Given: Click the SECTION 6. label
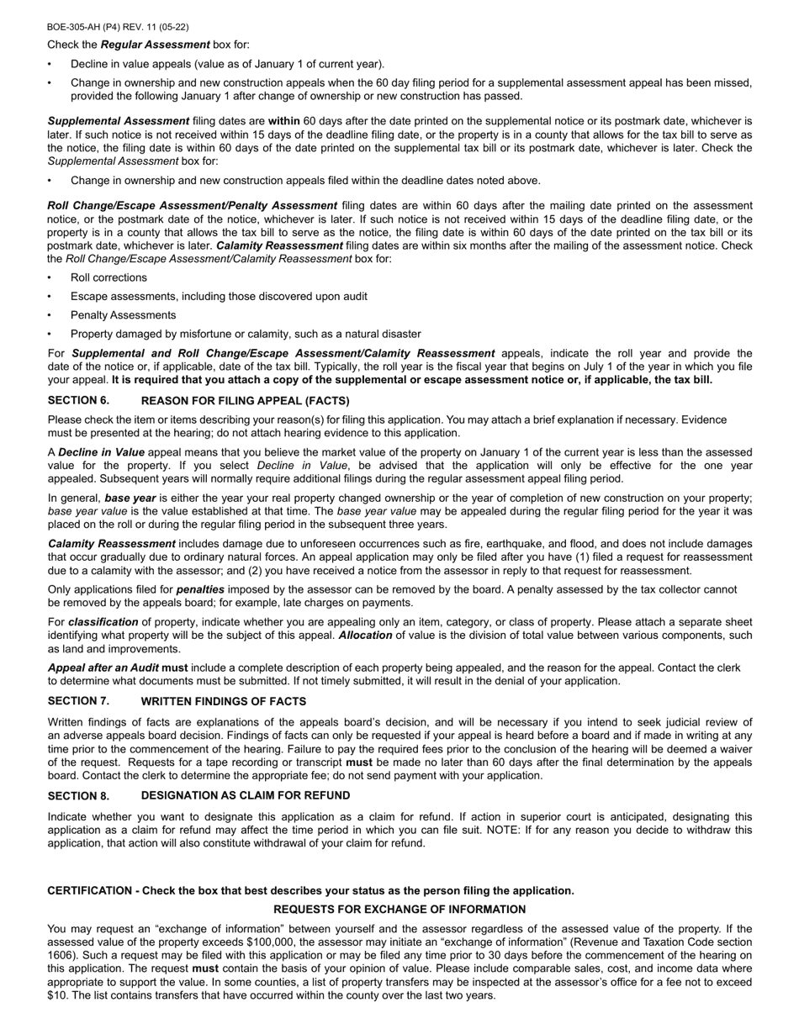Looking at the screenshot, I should pyautogui.click(x=78, y=400).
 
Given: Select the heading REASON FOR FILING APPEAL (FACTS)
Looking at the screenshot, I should pyautogui.click(x=245, y=401).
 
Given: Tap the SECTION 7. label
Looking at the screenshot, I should pyautogui.click(x=78, y=701).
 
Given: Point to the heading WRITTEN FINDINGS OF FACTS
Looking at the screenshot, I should pyautogui.click(x=223, y=702).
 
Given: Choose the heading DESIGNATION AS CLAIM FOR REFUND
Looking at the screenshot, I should pyautogui.click(x=246, y=795).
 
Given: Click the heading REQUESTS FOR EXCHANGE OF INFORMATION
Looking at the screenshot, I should pyautogui.click(x=399, y=910).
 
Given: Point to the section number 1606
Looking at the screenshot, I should pyautogui.click(x=63, y=956).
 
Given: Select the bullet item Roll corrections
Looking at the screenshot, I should pyautogui.click(x=108, y=277).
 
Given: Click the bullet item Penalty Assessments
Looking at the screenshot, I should pyautogui.click(x=123, y=315).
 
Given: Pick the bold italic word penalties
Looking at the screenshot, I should pyautogui.click(x=200, y=590).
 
